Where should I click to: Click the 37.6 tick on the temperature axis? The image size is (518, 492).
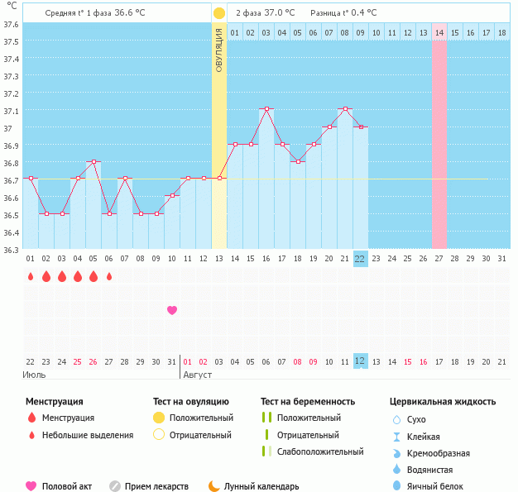12,24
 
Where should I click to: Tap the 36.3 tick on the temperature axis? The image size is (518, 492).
12,249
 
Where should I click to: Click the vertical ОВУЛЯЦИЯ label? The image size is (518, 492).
218,49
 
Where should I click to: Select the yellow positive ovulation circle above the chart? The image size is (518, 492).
218,13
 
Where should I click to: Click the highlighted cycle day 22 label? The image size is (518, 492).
360,259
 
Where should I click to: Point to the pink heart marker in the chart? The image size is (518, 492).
172,310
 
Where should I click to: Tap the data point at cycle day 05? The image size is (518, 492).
94,162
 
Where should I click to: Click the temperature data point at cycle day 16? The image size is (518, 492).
266,108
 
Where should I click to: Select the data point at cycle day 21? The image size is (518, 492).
345,108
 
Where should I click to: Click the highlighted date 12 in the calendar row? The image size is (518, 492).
360,361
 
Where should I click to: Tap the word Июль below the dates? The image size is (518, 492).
34,375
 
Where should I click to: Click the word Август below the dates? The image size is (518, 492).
196,375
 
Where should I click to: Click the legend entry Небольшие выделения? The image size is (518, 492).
87,435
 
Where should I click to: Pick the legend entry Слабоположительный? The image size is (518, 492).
320,451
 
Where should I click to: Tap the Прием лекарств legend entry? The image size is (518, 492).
156,486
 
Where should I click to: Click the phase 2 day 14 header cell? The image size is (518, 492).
439,32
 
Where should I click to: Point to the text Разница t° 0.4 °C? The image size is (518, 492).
343,13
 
